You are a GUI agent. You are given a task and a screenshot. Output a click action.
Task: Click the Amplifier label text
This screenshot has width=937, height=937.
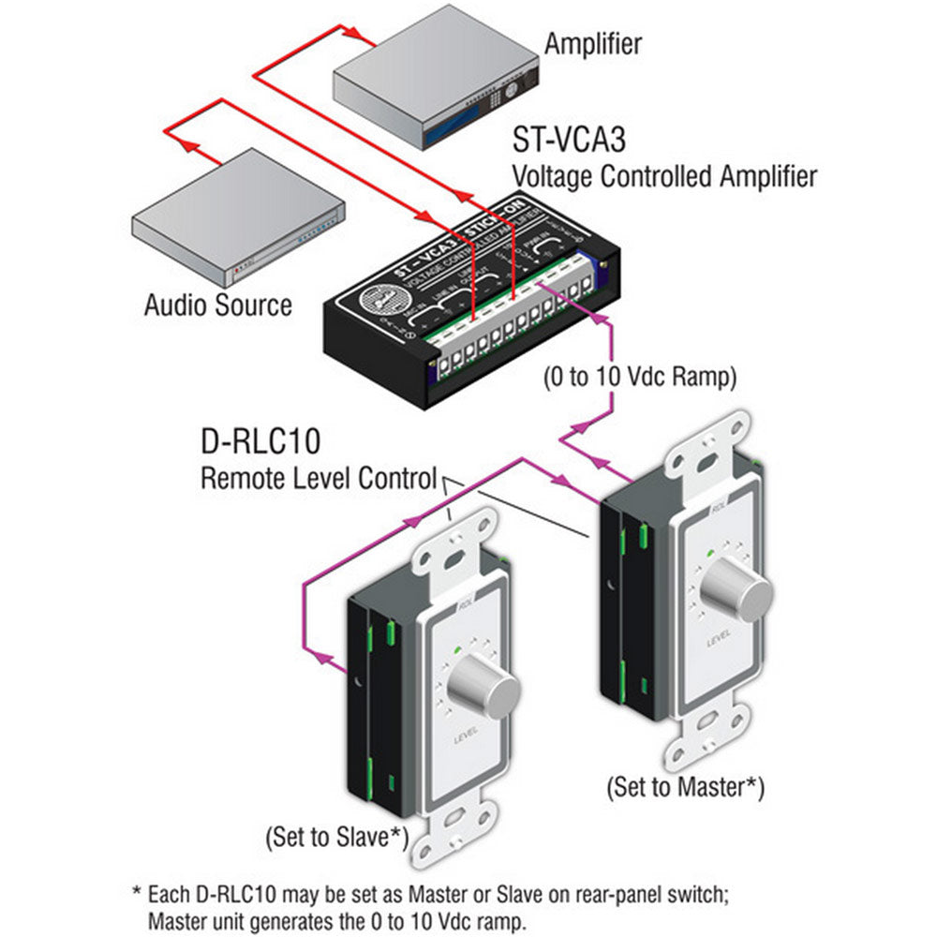(x=593, y=43)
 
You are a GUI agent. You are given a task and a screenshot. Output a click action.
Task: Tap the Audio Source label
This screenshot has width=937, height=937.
(x=217, y=305)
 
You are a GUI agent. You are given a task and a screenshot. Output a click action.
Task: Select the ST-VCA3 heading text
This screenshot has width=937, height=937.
(x=568, y=141)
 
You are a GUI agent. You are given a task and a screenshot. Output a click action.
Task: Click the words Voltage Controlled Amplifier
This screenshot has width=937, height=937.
(x=663, y=174)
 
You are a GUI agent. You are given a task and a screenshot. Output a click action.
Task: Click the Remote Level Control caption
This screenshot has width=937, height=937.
(x=320, y=479)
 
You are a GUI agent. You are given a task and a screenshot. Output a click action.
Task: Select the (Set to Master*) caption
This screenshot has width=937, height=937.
(x=685, y=786)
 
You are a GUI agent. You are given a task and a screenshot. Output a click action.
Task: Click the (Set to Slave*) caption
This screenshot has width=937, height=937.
(x=339, y=835)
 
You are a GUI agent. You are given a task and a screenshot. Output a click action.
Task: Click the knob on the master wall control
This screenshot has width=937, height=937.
(x=741, y=588)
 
